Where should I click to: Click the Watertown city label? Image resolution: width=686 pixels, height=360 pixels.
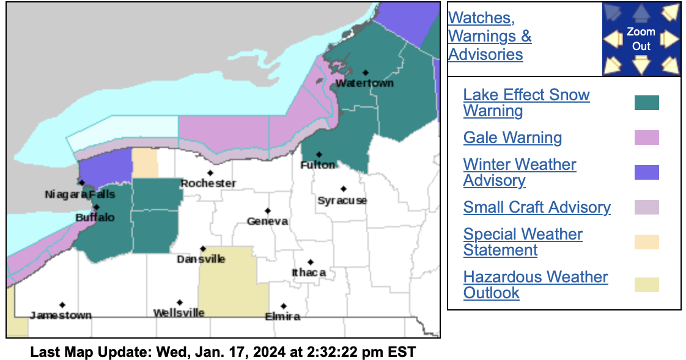(x=364, y=83)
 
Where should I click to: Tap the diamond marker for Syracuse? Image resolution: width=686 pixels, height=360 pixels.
(x=344, y=189)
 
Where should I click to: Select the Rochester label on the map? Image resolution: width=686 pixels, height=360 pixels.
(x=208, y=183)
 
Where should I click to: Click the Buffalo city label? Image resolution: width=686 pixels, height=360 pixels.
(x=95, y=218)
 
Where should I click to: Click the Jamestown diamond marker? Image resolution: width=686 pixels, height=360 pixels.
(x=62, y=305)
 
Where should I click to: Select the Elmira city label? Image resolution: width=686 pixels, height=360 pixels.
(x=282, y=317)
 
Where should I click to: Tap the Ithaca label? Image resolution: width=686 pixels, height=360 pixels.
(x=309, y=273)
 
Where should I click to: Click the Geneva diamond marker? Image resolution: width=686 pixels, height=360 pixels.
(x=267, y=211)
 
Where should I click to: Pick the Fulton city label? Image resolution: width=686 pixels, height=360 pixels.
(x=317, y=165)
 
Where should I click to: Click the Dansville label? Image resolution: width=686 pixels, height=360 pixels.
(x=201, y=259)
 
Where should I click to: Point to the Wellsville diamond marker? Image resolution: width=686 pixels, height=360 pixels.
(x=180, y=303)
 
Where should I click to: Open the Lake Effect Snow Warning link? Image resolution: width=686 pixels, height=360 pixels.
(x=526, y=103)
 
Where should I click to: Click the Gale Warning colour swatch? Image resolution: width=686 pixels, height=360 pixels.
(x=646, y=138)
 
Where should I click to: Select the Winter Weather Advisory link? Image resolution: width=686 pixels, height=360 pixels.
(x=519, y=172)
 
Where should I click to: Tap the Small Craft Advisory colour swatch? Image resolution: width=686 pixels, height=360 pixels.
(x=646, y=207)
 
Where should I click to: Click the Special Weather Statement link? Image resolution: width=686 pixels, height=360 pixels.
(x=522, y=242)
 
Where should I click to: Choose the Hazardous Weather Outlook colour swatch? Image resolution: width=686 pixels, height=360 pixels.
(x=646, y=285)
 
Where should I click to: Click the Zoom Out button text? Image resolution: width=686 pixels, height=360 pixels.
(x=641, y=39)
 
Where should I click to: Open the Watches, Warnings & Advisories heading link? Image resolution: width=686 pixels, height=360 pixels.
(x=489, y=35)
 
